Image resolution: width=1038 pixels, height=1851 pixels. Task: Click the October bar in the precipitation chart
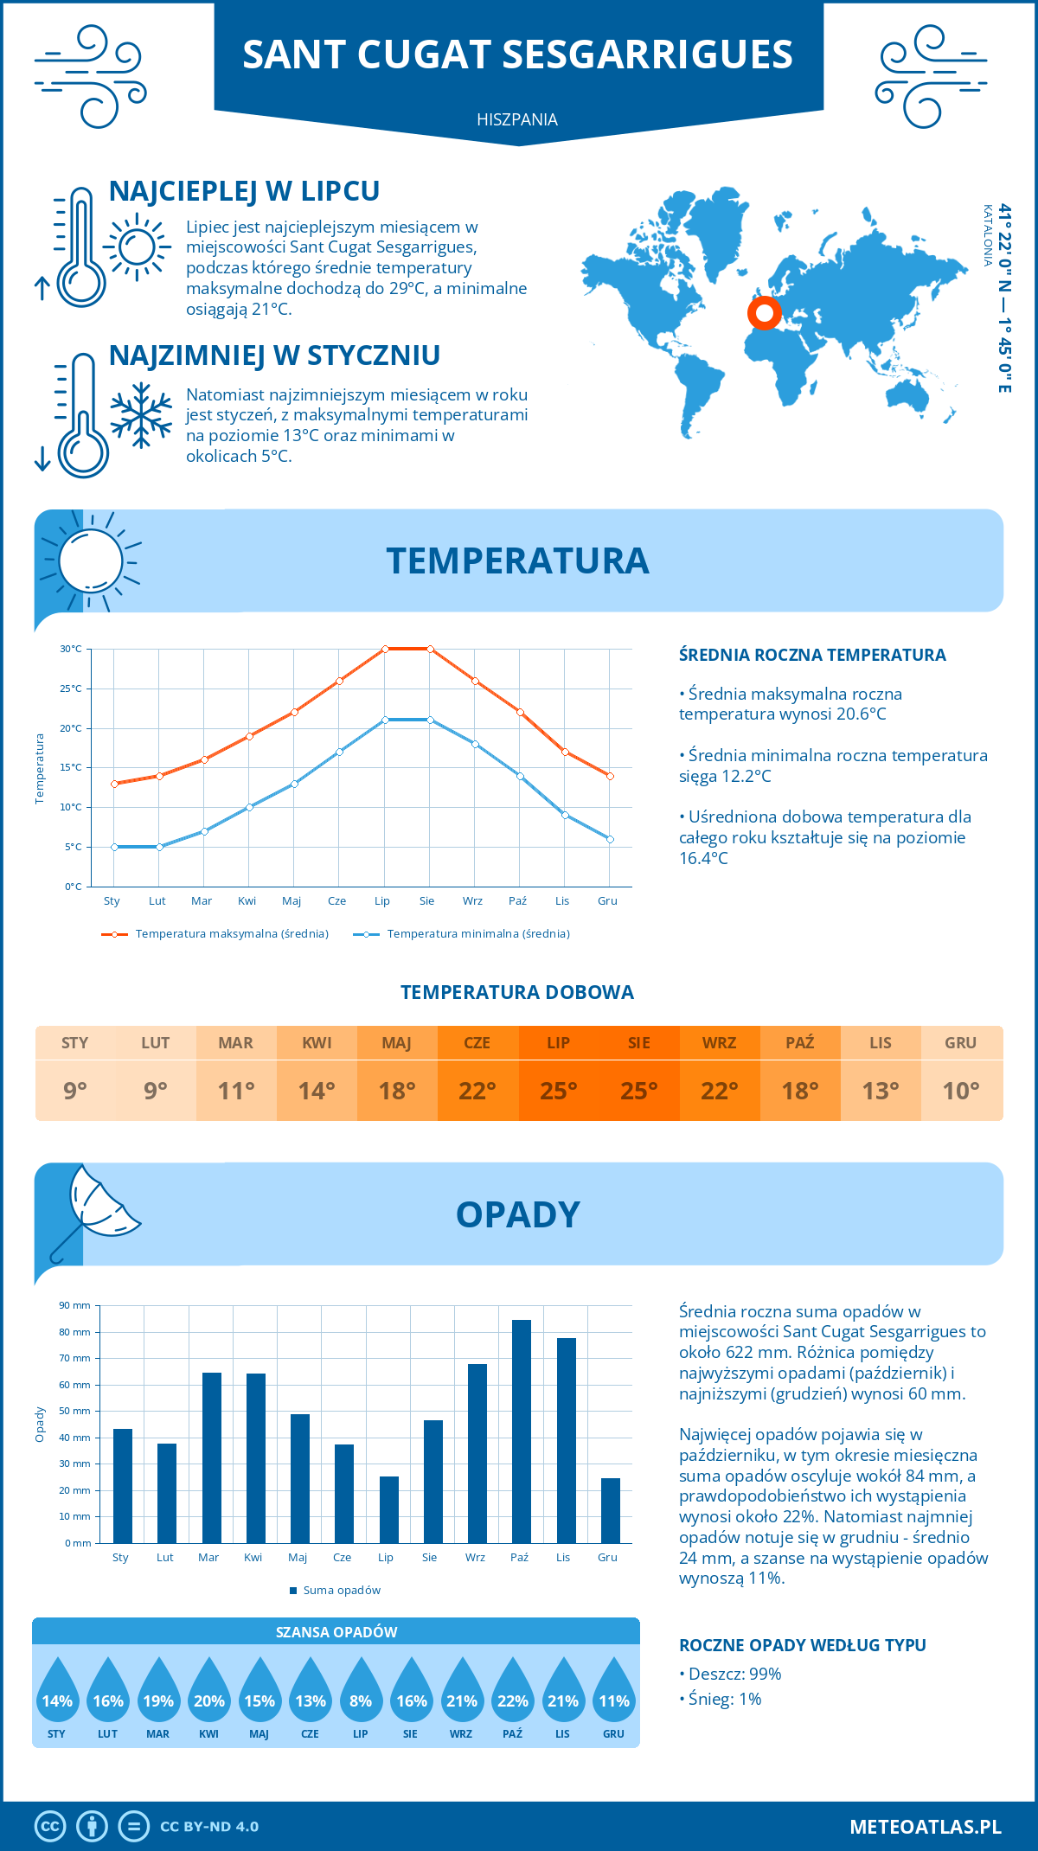(521, 1431)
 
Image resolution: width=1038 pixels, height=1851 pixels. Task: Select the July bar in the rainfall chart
(389, 1509)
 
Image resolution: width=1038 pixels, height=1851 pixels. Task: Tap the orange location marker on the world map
(765, 313)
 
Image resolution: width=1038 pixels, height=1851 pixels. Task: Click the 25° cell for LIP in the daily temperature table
(558, 1091)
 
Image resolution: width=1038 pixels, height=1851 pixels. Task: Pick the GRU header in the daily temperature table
(960, 1042)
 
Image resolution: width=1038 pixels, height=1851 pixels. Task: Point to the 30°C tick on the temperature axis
(71, 649)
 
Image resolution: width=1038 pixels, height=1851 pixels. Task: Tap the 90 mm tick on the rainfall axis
(75, 1305)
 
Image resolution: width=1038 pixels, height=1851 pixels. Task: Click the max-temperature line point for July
(385, 649)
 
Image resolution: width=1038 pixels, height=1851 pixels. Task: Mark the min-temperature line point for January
(114, 847)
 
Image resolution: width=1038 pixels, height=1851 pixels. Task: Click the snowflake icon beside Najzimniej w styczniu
(141, 415)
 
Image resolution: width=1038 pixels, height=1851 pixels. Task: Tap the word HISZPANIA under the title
(517, 119)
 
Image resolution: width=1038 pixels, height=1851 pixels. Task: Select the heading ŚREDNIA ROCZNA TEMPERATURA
(812, 655)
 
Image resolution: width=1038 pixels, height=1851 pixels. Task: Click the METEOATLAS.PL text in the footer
(925, 1827)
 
